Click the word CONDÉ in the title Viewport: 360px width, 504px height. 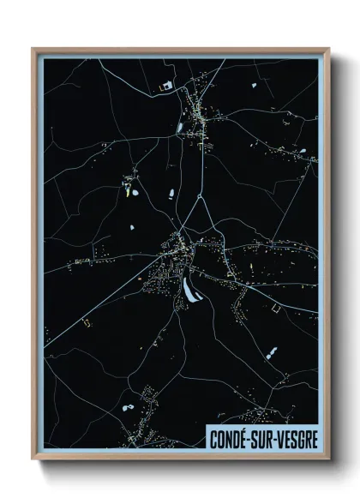coord(231,439)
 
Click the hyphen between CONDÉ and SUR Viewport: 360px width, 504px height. coord(253,440)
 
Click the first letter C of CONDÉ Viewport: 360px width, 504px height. coord(213,439)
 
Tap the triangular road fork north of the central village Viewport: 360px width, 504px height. coord(201,207)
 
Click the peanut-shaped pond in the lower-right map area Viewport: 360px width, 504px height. coord(273,351)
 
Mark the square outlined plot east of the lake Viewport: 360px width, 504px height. coord(276,306)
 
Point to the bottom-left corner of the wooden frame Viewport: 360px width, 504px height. coord(33,459)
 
